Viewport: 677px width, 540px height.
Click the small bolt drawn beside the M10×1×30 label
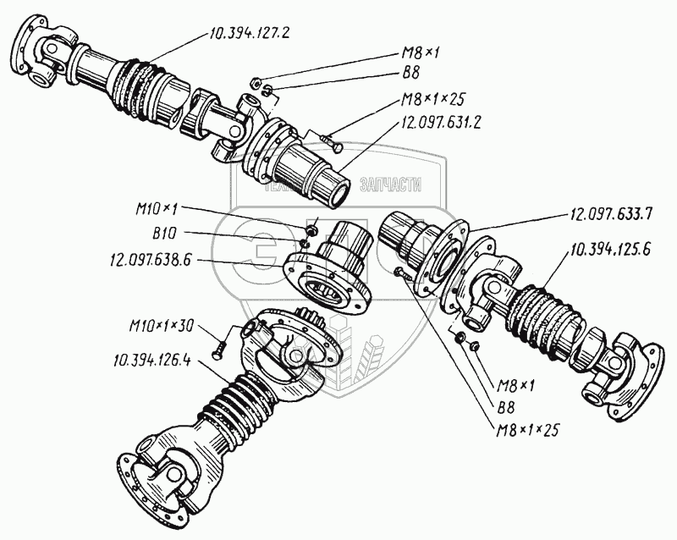219,344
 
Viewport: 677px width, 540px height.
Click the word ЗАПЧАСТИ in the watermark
389,185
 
